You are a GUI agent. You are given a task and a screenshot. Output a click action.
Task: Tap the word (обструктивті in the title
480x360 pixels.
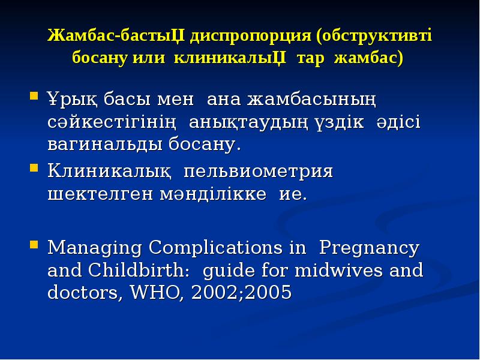pyautogui.click(x=374, y=37)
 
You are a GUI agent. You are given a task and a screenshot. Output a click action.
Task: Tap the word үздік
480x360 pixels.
pyautogui.click(x=337, y=121)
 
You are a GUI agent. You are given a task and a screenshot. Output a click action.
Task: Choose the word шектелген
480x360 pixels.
pyautogui.click(x=92, y=195)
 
